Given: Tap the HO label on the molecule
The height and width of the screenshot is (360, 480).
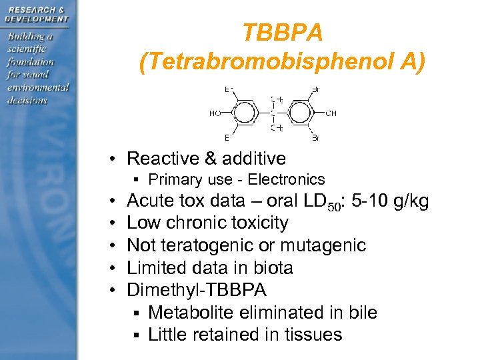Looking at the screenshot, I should (x=215, y=113).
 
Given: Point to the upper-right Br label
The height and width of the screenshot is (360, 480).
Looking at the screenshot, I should (x=315, y=89).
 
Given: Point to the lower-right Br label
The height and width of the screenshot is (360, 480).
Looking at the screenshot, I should (x=315, y=138).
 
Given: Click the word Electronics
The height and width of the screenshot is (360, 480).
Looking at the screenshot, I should (x=290, y=179).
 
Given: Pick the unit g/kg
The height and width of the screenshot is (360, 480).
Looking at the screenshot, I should (x=412, y=201).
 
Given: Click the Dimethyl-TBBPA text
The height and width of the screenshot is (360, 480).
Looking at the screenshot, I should (x=196, y=290).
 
